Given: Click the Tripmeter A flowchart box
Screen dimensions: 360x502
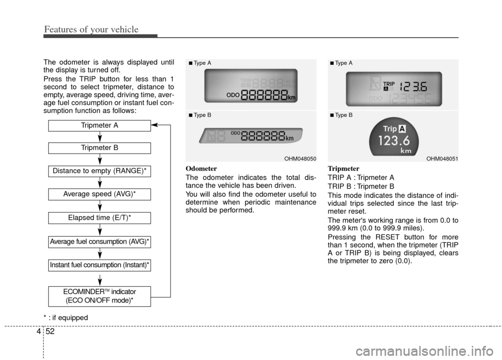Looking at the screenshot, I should coord(99,125).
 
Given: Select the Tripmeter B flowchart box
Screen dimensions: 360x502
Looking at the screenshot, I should coord(99,148).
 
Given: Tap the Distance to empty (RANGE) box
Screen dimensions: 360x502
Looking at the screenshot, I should coord(99,171).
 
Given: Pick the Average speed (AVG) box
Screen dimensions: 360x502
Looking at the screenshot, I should coord(99,194).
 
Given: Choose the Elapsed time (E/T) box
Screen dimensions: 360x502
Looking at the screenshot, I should coord(99,217).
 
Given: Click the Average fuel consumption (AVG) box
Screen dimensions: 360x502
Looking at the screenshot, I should coord(99,241).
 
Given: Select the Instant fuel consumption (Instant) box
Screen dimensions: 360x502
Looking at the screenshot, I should coord(99,265).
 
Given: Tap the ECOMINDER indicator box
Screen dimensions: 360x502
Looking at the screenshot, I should coord(99,296).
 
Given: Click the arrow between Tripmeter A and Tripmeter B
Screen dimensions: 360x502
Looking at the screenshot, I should coord(99,137).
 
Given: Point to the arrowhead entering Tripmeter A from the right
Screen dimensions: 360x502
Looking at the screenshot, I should coord(154,125).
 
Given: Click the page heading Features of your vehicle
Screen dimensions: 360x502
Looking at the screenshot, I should coord(91,29).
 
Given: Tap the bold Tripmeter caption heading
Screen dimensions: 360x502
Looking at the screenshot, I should coord(343,169).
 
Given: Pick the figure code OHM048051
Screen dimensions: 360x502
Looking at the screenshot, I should coord(441,158).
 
